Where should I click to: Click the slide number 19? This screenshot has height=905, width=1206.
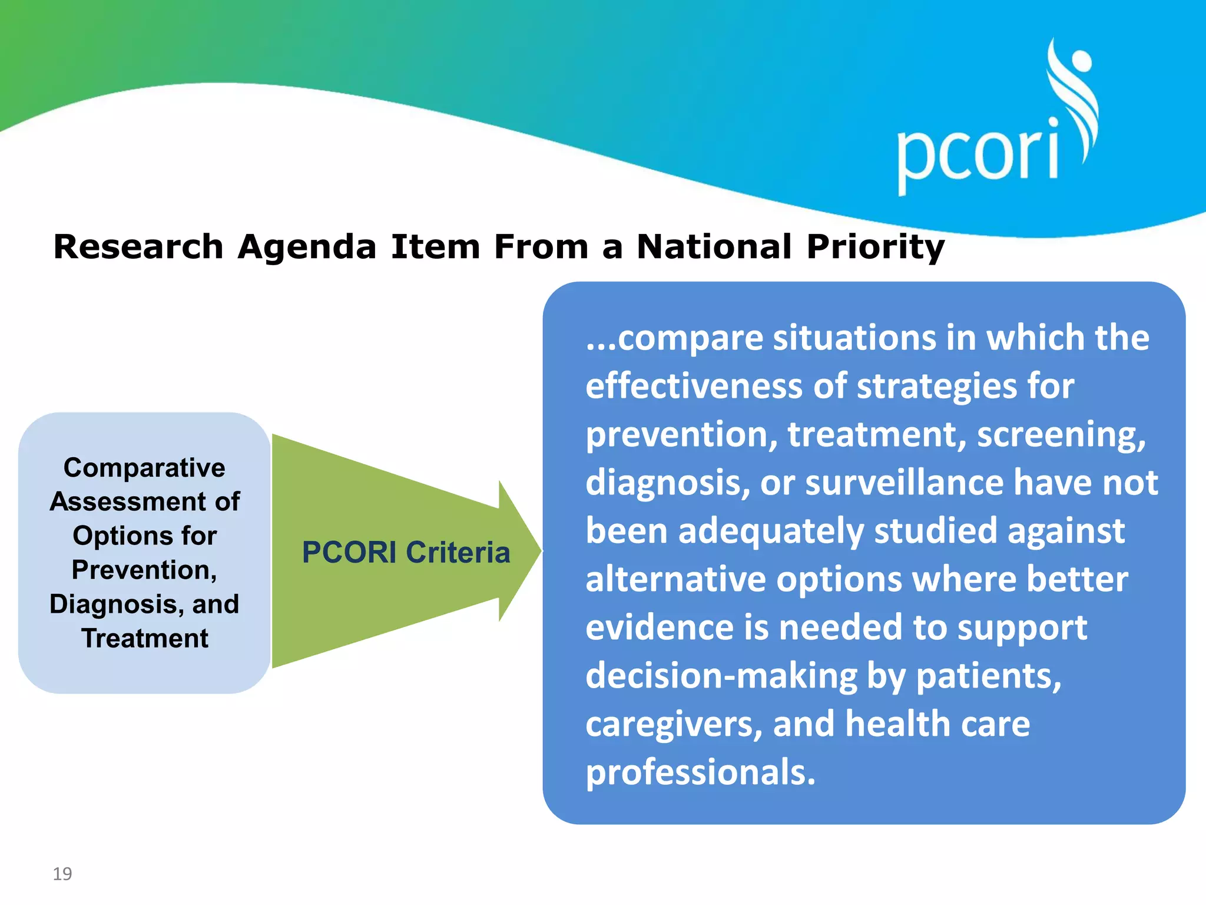[62, 873]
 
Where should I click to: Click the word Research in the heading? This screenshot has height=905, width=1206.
[138, 246]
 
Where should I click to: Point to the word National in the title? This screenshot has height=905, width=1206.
[714, 246]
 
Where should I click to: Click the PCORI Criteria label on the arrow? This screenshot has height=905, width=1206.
[406, 552]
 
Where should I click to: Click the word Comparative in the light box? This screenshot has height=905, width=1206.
[144, 468]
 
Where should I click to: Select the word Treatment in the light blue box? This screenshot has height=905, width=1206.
[145, 638]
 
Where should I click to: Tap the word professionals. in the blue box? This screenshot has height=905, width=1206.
[700, 772]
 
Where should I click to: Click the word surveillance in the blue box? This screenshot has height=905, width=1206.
[904, 483]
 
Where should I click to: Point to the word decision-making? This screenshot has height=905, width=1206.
[721, 676]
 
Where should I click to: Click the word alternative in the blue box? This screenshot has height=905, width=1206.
[675, 579]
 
